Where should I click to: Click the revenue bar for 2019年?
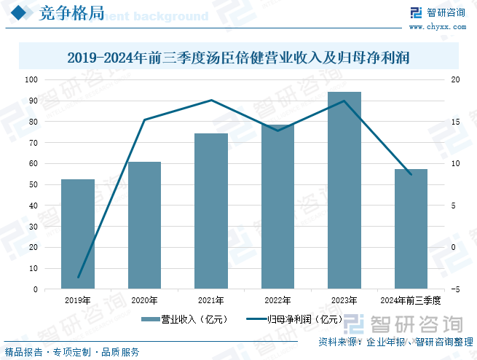(77, 234)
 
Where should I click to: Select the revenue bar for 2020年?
(144, 225)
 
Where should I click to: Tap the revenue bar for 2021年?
(211, 211)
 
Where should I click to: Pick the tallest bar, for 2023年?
(344, 190)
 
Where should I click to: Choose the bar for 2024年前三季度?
(411, 229)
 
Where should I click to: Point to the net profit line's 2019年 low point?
(78, 278)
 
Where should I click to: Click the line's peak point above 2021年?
(211, 100)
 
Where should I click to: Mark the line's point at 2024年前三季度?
(411, 175)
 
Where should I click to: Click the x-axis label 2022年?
(277, 300)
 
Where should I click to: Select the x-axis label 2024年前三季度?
(411, 300)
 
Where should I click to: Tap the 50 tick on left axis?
(33, 184)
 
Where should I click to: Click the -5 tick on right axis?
(455, 289)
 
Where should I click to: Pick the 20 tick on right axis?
(455, 79)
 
